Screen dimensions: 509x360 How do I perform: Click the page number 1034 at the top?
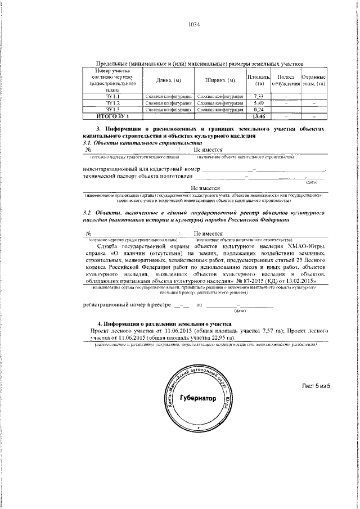click(x=193, y=25)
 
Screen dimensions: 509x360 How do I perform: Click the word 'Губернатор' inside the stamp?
click(x=197, y=398)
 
